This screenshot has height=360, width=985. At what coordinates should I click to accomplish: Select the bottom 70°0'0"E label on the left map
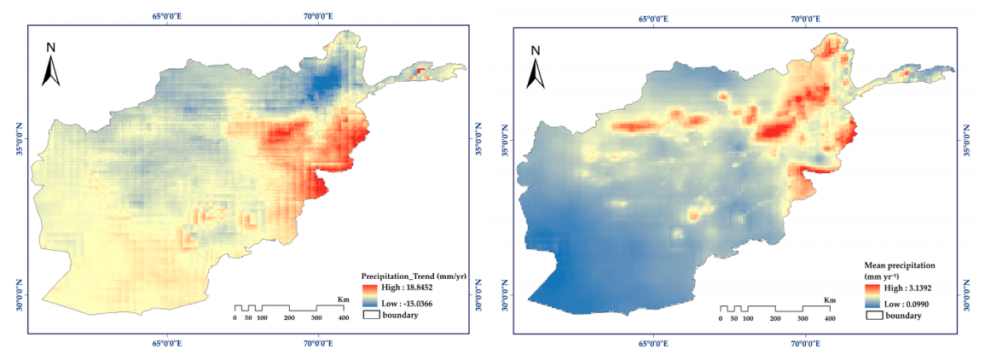[x=318, y=344]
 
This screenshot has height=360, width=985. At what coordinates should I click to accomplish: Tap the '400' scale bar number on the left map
[x=344, y=318]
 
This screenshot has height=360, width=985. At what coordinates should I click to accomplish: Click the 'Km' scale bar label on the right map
[x=829, y=299]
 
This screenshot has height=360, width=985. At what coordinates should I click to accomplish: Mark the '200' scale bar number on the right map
[x=775, y=318]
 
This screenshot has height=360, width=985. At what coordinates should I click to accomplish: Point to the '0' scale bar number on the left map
[x=235, y=318]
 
